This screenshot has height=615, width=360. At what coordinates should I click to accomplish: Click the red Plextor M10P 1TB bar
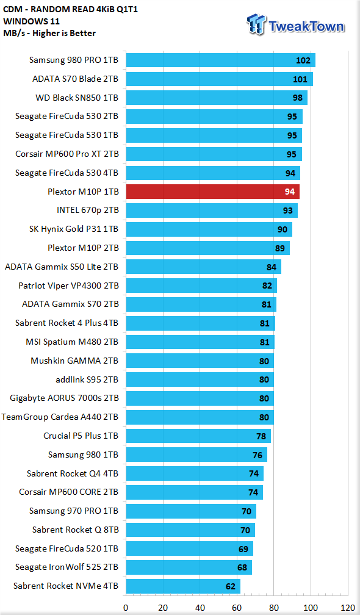tap(212, 192)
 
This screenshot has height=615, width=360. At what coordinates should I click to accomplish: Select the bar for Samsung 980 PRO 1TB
tap(220, 60)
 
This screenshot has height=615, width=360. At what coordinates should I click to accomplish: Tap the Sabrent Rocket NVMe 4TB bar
tap(182, 586)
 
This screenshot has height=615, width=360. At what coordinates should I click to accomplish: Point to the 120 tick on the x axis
tap(348, 608)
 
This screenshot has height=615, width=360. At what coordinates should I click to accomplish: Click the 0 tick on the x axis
tap(126, 608)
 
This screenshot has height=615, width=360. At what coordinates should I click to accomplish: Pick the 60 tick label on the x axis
tap(237, 608)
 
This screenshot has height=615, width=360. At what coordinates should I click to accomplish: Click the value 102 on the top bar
tap(303, 61)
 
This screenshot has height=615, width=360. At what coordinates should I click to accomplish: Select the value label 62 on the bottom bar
tap(231, 587)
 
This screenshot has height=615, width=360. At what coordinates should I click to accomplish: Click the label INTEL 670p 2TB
tap(87, 210)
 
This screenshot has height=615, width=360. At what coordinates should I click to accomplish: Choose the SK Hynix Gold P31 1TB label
tap(74, 229)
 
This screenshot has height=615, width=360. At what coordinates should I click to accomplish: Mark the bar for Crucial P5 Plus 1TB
tap(198, 436)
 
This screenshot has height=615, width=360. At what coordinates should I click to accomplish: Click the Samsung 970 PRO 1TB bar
tap(191, 511)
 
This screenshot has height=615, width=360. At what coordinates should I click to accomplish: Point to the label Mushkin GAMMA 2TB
tap(74, 361)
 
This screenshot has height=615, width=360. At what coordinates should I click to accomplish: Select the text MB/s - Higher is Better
tap(49, 34)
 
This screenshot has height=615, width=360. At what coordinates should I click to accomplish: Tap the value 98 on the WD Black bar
tap(298, 98)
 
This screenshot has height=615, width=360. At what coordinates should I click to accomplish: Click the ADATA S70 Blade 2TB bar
tap(219, 79)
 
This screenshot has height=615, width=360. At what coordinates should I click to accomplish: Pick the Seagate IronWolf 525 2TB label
tap(67, 567)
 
